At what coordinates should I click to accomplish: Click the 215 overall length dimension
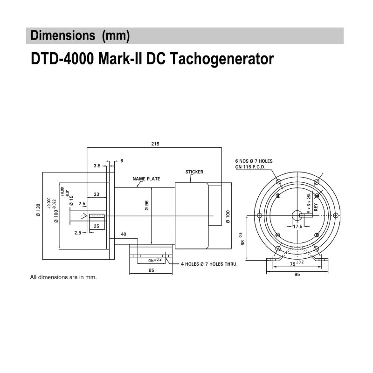[155, 144]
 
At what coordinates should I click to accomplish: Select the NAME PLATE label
[146, 179]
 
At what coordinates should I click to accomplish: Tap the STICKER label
[194, 172]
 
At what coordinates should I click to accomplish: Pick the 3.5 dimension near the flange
[97, 166]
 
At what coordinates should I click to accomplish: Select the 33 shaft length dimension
[97, 194]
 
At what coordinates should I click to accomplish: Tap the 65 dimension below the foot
[152, 270]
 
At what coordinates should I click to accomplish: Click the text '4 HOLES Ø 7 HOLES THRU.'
[209, 264]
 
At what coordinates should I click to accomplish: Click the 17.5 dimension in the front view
[297, 226]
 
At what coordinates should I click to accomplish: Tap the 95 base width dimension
[297, 275]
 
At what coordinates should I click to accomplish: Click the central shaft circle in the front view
[297, 215]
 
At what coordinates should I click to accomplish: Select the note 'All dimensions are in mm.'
[63, 277]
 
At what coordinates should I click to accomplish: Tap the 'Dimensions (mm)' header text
[80, 35]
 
